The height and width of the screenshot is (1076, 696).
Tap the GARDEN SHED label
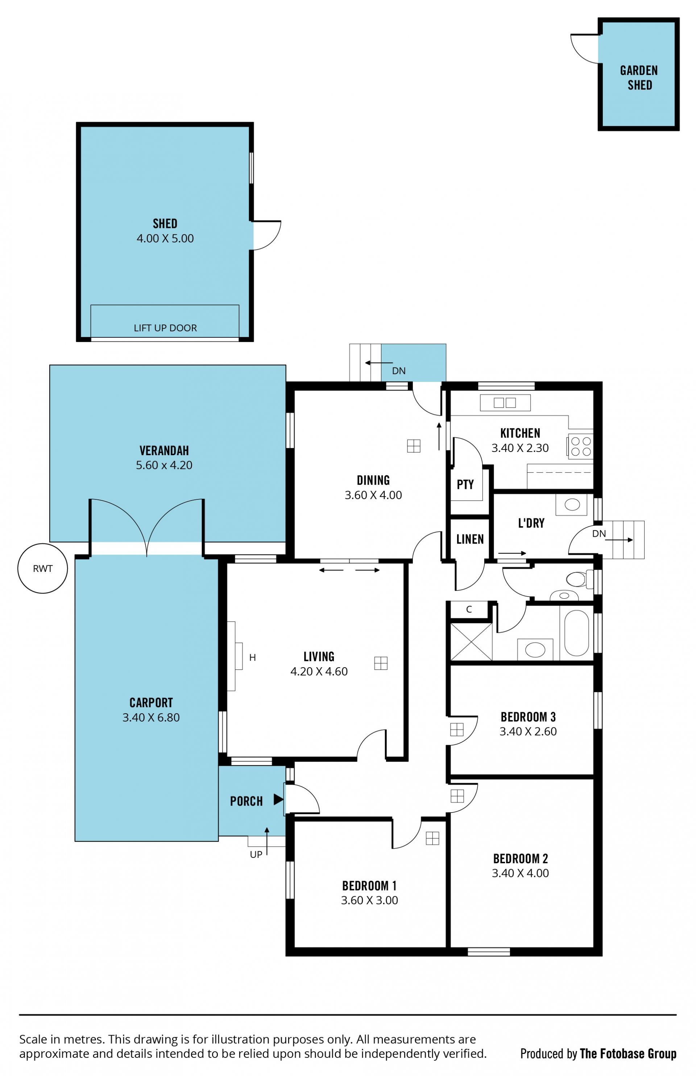pos(639,78)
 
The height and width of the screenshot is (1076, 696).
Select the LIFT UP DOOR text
pos(165,328)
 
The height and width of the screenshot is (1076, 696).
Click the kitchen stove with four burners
pos(580,446)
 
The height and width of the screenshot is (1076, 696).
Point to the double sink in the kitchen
pos(505,403)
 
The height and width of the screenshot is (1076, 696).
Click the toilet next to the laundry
pos(580,579)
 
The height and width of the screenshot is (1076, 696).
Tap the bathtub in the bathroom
pos(576,633)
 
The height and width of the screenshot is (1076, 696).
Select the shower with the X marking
pos(471,642)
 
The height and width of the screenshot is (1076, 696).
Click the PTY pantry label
pos(465,485)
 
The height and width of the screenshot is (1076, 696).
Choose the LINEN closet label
pos(470,539)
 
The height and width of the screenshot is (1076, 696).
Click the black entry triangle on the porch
pos(278,799)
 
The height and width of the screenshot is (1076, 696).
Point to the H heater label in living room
pos(253,658)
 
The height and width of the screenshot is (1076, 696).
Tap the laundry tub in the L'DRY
pos(572,504)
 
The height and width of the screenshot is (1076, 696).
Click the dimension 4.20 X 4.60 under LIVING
pos(319,672)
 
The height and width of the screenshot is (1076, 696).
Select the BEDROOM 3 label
pos(528,717)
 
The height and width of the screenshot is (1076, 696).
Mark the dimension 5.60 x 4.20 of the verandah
pos(164,465)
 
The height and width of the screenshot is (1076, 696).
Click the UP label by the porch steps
pos(256,855)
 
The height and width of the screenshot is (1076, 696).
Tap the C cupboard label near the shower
pos(469,609)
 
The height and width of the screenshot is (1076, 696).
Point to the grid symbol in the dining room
pos(414,446)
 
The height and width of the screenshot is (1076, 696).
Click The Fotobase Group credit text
pos(628,1054)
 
